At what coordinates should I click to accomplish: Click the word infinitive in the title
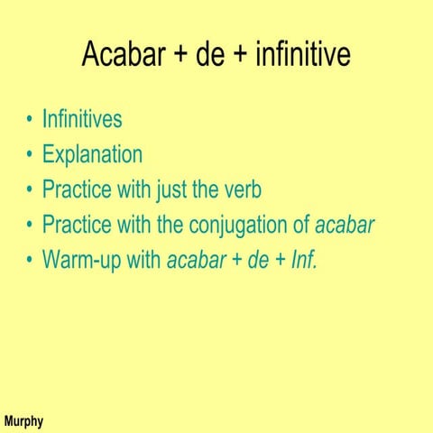302,56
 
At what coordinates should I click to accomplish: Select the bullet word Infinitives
82,119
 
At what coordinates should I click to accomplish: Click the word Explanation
92,154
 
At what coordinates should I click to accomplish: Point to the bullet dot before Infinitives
31,120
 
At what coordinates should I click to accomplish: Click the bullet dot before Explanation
31,155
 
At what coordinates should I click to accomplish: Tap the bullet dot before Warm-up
31,261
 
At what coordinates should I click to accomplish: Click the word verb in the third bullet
239,189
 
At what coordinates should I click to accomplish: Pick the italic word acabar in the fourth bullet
344,225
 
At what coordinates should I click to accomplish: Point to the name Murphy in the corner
23,421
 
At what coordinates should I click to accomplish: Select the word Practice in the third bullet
76,189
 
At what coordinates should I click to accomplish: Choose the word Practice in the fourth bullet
76,225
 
